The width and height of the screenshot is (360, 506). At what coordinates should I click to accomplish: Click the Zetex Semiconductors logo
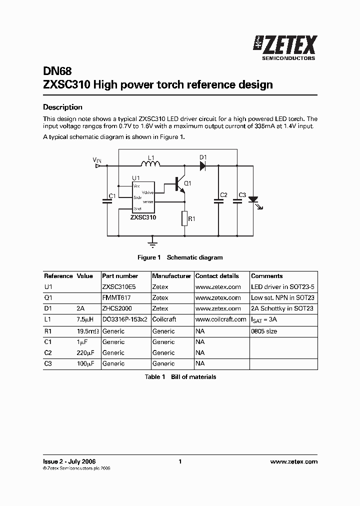(x=285, y=48)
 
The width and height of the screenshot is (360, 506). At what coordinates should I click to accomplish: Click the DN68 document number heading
(x=54, y=71)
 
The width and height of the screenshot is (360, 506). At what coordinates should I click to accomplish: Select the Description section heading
(x=62, y=107)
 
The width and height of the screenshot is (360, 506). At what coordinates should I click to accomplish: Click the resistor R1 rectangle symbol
(x=184, y=218)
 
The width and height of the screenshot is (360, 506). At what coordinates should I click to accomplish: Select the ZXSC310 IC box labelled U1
(x=143, y=197)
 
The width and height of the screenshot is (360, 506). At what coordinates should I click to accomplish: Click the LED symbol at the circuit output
(x=253, y=199)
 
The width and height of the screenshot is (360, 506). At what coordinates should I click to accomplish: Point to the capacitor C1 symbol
(x=106, y=201)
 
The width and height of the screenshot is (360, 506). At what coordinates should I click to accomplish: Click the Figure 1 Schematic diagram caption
(x=180, y=257)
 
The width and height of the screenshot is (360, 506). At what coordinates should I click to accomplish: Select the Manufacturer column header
(x=171, y=276)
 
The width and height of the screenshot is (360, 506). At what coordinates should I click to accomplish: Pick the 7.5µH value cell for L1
(x=84, y=319)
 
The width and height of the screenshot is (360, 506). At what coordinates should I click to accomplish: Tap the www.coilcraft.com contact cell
(x=220, y=319)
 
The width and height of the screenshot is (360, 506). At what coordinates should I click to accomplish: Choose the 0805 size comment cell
(x=263, y=331)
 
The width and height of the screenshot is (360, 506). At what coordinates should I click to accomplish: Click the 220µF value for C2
(x=84, y=353)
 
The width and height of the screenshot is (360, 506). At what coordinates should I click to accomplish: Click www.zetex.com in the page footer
(x=293, y=461)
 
